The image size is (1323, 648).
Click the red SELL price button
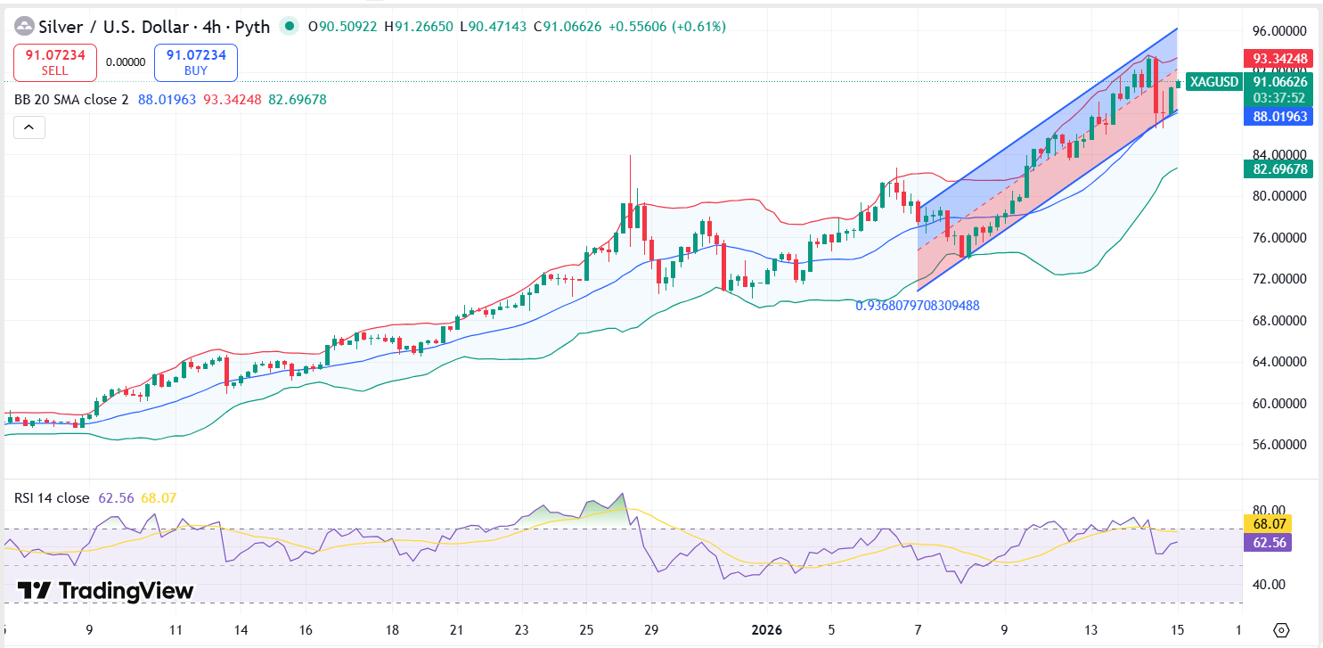55,62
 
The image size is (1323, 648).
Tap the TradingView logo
106,591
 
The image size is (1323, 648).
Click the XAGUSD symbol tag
1213,82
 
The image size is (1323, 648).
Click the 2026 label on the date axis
766,630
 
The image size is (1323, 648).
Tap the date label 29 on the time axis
651,630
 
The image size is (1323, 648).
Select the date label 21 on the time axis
456,630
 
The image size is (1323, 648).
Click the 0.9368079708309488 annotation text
918,306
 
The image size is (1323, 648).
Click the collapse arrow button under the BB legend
29,128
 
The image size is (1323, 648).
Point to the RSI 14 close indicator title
52,498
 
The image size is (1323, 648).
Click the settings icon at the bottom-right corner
1281,630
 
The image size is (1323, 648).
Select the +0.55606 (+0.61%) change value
666,27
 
